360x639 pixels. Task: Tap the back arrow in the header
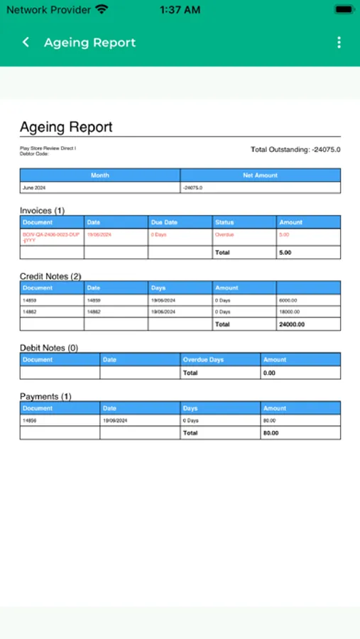tap(26, 43)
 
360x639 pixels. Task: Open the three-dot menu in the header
tap(339, 43)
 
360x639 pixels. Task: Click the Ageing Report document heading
tap(66, 127)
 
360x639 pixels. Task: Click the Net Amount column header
tap(260, 175)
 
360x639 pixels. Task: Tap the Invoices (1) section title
tap(42, 210)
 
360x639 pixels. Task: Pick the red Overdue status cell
tap(224, 234)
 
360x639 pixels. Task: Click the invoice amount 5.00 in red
tap(284, 234)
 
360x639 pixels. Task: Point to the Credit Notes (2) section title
tap(50, 275)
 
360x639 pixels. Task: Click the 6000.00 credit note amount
tap(290, 300)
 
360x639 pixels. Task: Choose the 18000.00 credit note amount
tap(291, 312)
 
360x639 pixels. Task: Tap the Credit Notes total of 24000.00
tap(292, 324)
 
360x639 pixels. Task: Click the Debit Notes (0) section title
tap(48, 348)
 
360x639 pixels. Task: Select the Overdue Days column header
tap(203, 360)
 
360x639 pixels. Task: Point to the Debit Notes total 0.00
tap(269, 373)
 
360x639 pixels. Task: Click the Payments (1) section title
tap(45, 396)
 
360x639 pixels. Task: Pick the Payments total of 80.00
tap(271, 432)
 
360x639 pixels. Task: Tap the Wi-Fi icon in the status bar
tap(102, 10)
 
